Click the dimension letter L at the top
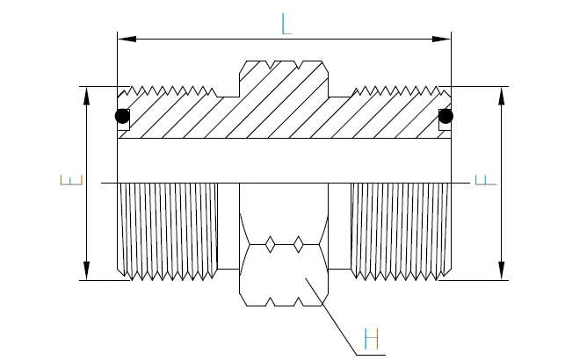point(286,24)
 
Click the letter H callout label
point(372,339)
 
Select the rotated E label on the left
point(72,180)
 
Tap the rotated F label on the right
point(486,180)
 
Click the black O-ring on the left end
point(122,116)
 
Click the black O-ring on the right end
point(445,116)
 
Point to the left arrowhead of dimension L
point(127,39)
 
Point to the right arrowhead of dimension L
point(441,39)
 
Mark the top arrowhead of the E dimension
point(86,96)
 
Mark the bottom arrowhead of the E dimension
point(86,270)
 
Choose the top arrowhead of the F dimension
point(501,96)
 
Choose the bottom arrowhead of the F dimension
point(501,270)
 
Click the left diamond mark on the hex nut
point(271,245)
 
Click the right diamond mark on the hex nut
point(299,245)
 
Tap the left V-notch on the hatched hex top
point(271,64)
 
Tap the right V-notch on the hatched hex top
point(299,64)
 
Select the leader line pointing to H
point(330,316)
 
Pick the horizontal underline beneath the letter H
point(371,356)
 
